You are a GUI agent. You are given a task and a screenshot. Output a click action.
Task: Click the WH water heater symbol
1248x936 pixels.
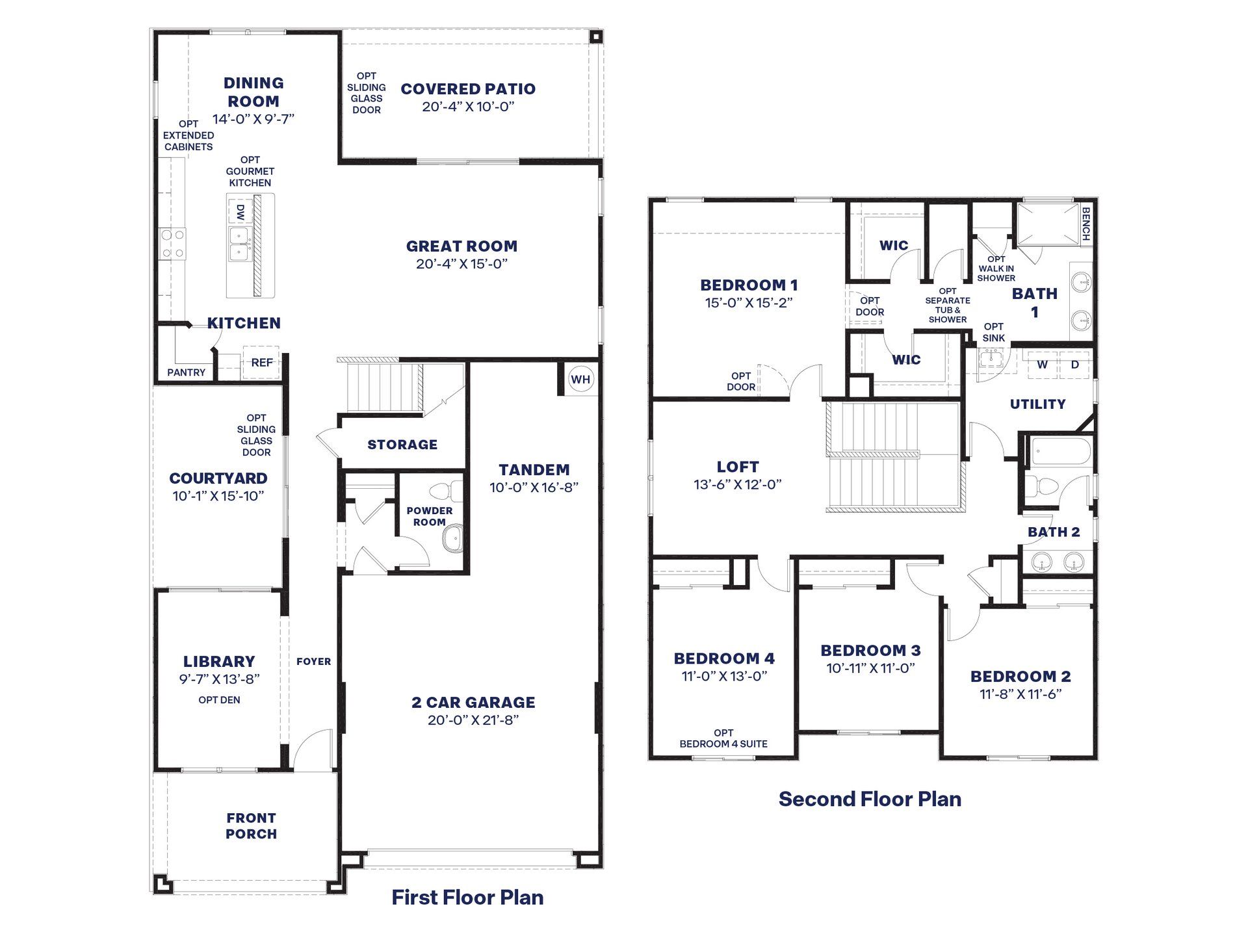coord(580,380)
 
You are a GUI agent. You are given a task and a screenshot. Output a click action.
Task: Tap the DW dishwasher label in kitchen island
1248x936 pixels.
coord(240,212)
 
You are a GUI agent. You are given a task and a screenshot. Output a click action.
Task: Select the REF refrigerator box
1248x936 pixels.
coord(261,363)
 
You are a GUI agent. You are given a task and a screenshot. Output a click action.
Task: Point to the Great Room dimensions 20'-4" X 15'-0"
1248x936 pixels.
coord(461,264)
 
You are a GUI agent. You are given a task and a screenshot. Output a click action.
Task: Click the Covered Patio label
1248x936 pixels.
coord(468,89)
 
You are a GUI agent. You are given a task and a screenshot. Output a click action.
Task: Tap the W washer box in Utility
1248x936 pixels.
coord(1042,365)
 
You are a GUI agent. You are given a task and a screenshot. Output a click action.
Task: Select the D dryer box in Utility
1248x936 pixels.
coord(1074,365)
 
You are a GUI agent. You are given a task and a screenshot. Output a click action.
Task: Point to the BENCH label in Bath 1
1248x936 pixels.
coord(1085,224)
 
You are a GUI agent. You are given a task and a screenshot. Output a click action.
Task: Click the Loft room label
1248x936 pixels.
coord(738,467)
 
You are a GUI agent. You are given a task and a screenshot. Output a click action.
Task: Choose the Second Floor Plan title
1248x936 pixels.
coord(870,799)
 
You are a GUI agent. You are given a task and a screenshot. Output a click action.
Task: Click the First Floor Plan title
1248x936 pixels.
coord(467,897)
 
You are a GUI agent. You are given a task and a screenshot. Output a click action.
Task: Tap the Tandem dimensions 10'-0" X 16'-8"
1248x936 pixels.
coord(534,487)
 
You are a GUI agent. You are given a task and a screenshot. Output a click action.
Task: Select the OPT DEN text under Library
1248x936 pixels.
coord(219,700)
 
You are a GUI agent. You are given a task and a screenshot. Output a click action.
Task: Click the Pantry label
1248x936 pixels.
coord(186,372)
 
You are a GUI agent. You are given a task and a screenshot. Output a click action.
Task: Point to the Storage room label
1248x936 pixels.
coord(402,445)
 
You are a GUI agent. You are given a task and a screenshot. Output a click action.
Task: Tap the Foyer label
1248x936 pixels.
coord(313,662)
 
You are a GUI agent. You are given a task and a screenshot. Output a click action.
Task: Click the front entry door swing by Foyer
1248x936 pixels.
coord(312,749)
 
